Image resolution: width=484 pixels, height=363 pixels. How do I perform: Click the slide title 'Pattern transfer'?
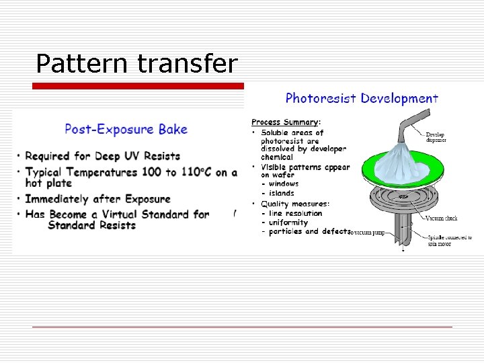coord(136,64)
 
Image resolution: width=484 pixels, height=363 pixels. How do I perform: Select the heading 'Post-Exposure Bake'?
coord(126,129)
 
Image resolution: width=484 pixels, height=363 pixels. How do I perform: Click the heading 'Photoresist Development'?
coord(362,99)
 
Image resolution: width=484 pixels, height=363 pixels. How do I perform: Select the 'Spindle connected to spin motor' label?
coord(449,240)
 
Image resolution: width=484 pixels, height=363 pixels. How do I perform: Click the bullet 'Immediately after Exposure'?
coord(97,199)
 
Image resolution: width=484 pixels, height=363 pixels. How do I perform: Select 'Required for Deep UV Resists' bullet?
coord(102,156)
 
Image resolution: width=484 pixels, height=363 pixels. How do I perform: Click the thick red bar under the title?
coord(138,86)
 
